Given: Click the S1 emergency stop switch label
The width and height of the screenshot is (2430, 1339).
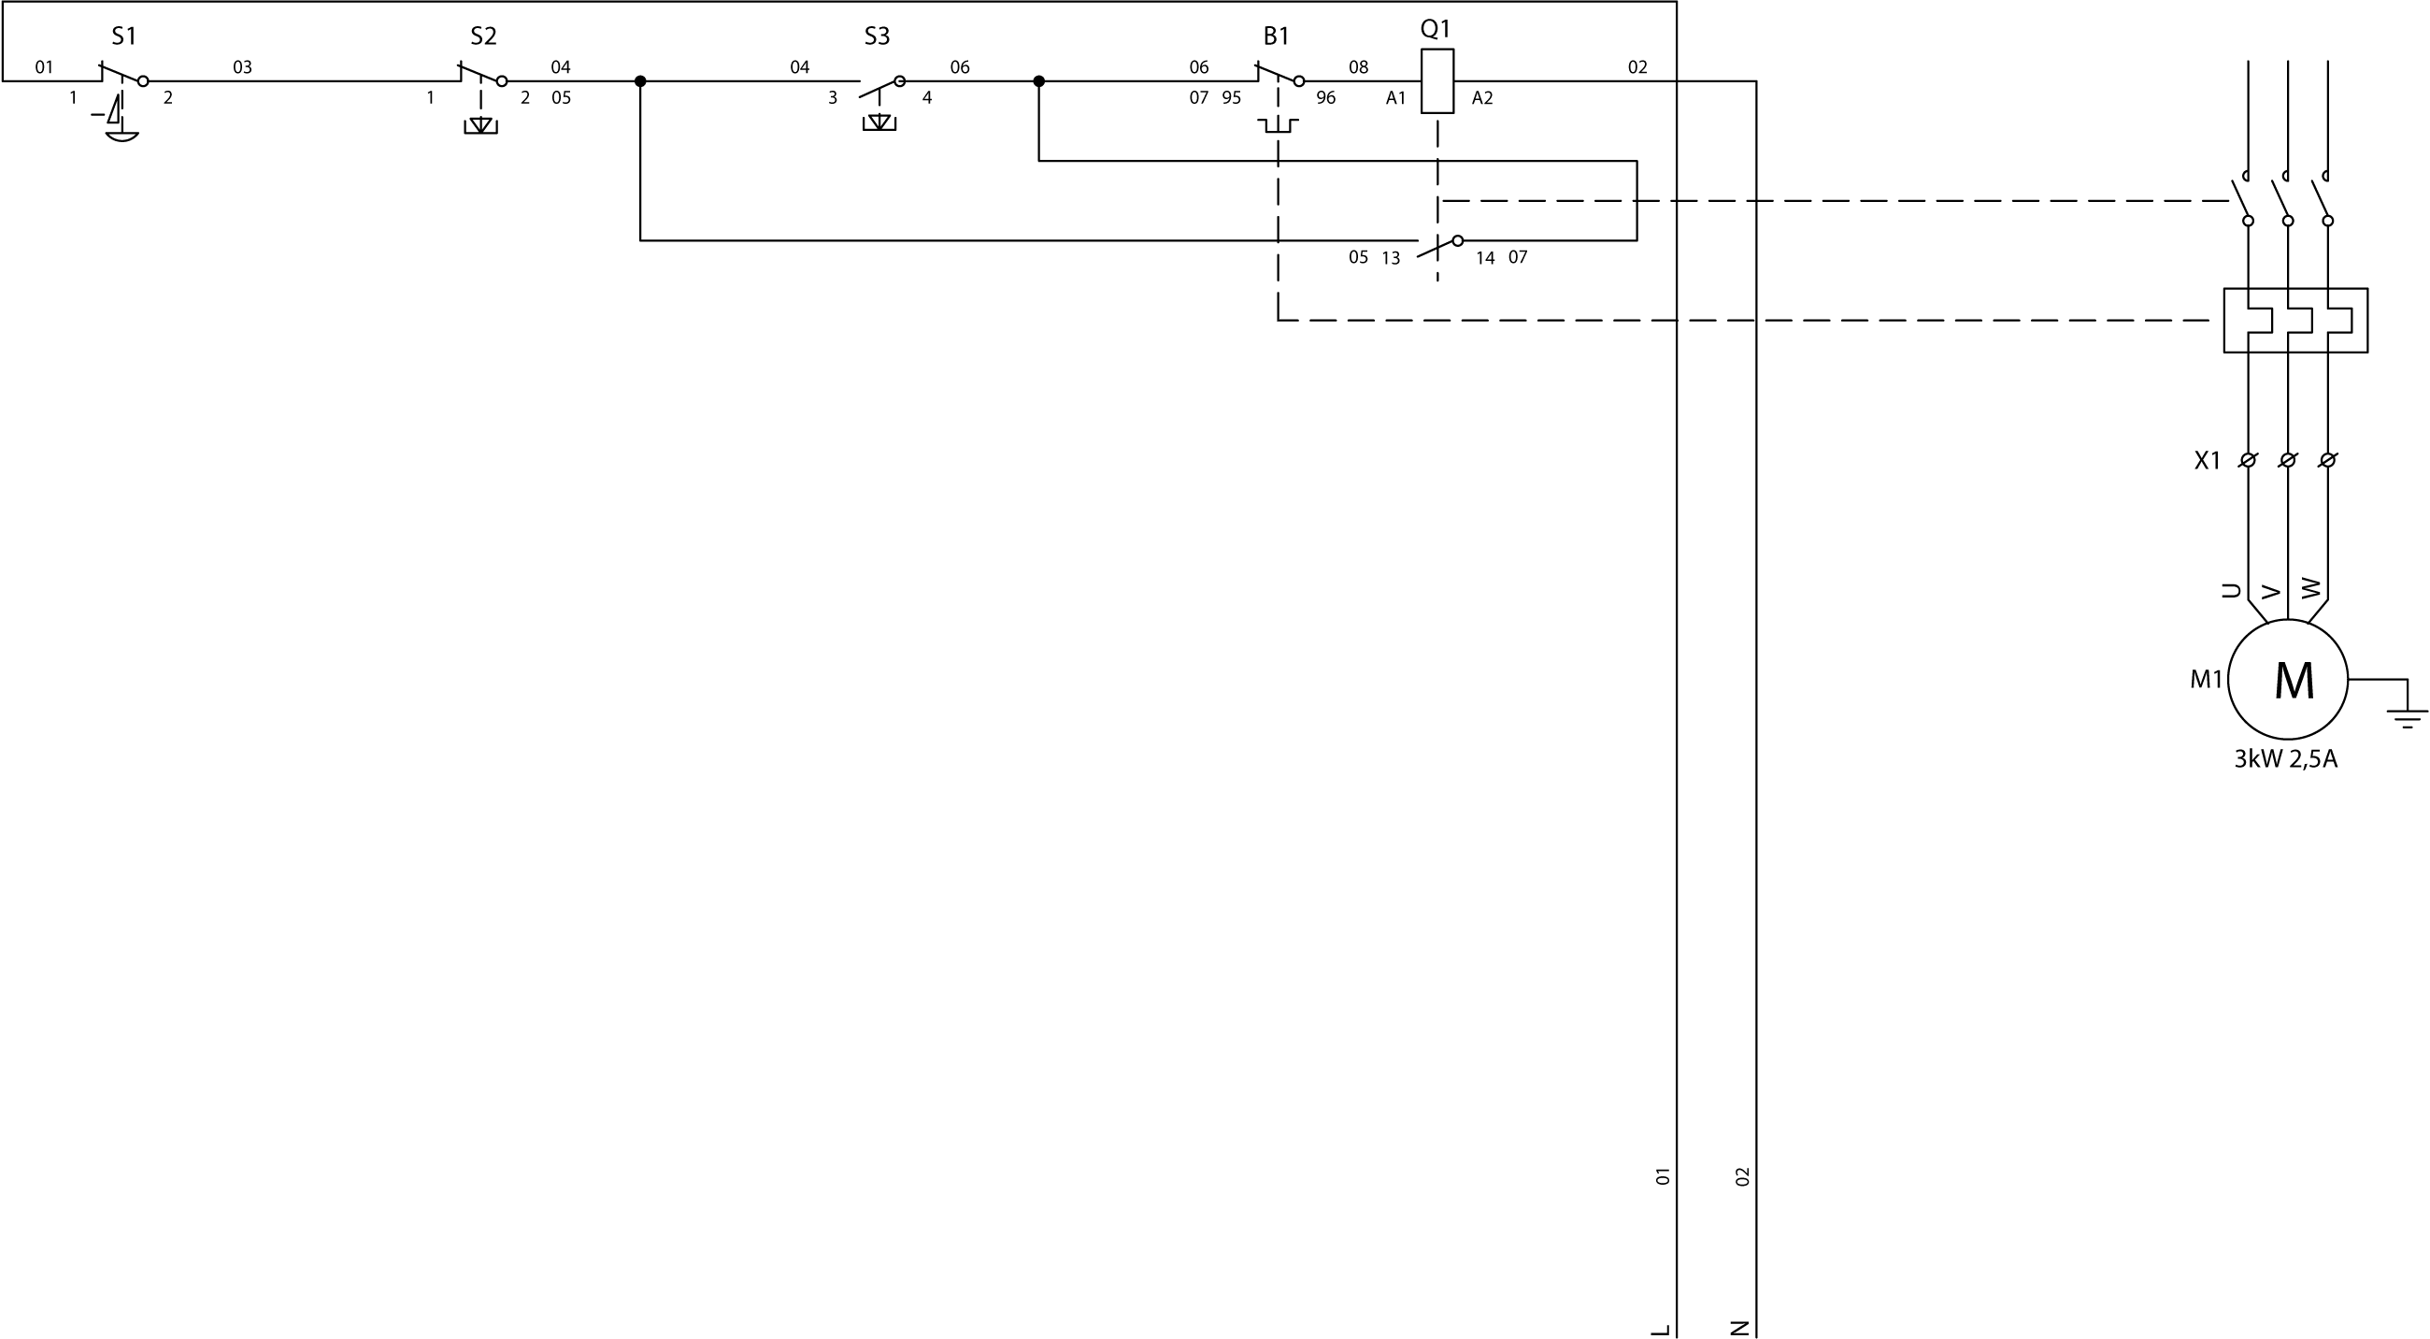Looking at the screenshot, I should click(x=123, y=36).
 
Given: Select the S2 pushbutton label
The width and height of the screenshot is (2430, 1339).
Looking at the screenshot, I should click(x=483, y=36).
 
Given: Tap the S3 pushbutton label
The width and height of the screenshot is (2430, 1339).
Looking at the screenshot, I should click(x=877, y=36).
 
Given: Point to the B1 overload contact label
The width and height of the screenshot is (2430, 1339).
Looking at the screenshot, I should click(x=1276, y=36).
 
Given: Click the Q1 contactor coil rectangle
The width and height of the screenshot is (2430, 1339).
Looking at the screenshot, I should click(x=1437, y=81).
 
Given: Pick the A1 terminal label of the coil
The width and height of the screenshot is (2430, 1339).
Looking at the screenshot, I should click(x=1395, y=98).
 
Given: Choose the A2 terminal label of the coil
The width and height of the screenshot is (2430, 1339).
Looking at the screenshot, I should click(x=1482, y=98).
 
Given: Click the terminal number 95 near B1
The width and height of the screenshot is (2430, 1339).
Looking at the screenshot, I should click(x=1231, y=98).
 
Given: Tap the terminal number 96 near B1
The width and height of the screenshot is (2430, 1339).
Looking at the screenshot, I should click(x=1325, y=98).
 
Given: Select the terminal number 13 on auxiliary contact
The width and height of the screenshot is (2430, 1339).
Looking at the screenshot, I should click(x=1391, y=259).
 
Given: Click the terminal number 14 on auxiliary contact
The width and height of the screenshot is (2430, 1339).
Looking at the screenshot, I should click(x=1485, y=259).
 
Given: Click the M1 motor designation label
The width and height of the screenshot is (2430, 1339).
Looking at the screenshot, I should click(x=2206, y=680).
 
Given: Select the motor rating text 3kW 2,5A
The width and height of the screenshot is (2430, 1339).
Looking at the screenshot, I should click(x=2286, y=759).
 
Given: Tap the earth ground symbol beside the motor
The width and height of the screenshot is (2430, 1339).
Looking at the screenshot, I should click(x=2407, y=717).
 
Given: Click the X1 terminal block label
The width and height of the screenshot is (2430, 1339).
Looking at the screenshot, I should click(x=2207, y=460).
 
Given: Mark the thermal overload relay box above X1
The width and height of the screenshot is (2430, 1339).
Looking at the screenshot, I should click(x=2295, y=321).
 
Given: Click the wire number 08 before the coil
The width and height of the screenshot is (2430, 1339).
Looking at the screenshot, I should click(x=1358, y=67).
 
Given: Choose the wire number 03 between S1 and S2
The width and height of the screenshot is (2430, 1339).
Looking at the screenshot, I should click(x=242, y=67).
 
